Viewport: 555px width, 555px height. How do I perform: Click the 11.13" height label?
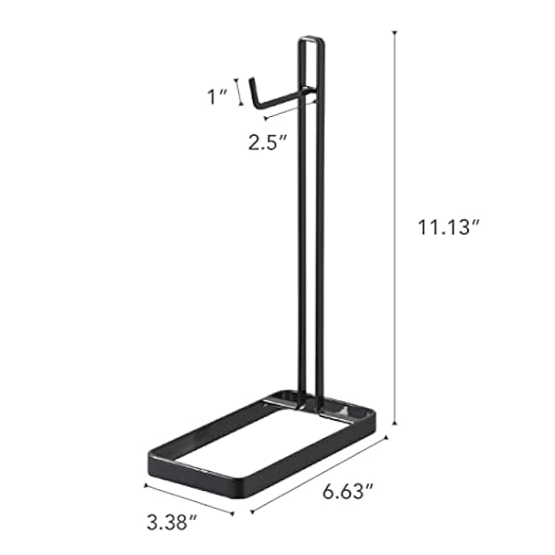click(x=449, y=227)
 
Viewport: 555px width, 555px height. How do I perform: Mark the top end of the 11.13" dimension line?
click(x=394, y=33)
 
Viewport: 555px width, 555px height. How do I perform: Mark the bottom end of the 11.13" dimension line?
click(x=394, y=424)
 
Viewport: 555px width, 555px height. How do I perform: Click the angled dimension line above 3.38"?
click(x=189, y=499)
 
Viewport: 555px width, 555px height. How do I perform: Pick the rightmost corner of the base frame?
click(x=374, y=416)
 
